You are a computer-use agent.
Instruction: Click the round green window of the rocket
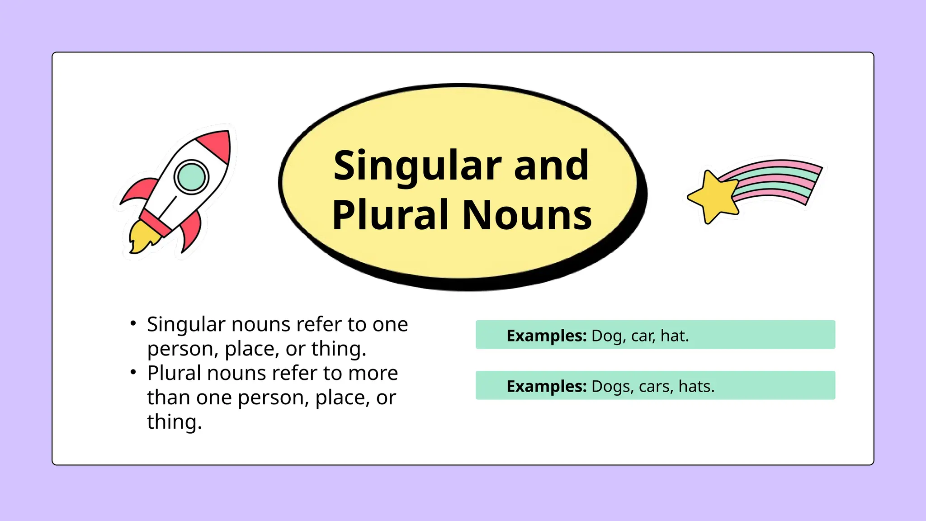[191, 177]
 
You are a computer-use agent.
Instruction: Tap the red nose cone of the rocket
[217, 144]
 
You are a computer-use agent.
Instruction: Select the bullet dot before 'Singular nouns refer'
[133, 323]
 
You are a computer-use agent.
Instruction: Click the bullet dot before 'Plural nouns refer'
[133, 372]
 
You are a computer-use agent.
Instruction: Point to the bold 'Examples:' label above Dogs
[546, 387]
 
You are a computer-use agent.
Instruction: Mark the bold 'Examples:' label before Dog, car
[546, 336]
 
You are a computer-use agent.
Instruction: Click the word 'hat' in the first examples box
[673, 336]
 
